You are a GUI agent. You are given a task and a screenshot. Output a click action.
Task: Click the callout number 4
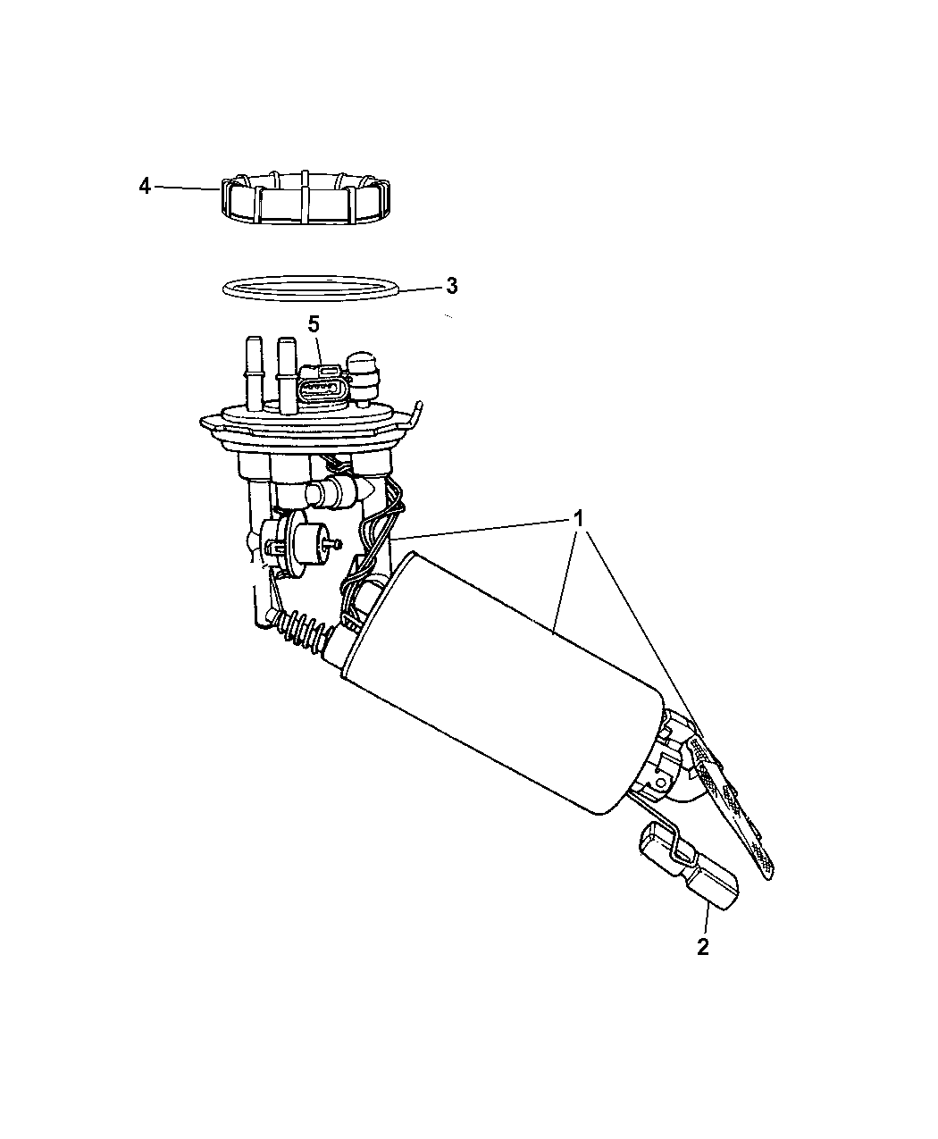coord(145,187)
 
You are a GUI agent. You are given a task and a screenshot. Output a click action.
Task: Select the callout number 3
coord(451,286)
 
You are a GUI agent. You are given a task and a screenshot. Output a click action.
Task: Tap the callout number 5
coord(314,324)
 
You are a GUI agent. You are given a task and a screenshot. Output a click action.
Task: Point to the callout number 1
coord(578,519)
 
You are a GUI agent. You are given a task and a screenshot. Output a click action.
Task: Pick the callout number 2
coord(703,947)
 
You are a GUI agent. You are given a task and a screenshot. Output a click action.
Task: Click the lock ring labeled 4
coord(306,198)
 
